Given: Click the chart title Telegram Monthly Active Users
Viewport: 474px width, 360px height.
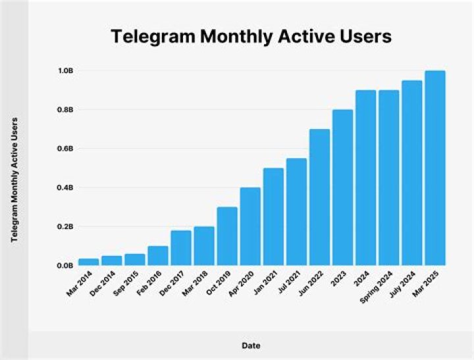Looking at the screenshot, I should (x=251, y=37).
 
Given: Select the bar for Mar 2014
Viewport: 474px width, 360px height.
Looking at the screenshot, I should (x=88, y=262).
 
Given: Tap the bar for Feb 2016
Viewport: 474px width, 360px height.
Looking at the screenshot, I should (x=157, y=255).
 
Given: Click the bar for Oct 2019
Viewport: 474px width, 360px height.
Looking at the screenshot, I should (x=227, y=236).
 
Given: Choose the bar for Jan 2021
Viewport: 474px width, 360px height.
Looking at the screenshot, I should (x=273, y=217).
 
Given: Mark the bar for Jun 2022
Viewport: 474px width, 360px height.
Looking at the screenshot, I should (x=319, y=197).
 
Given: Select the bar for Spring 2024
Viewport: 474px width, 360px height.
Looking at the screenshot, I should (x=388, y=178).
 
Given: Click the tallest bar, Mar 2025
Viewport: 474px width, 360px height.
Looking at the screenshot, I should (x=435, y=168).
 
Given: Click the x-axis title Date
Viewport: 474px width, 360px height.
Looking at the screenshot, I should (x=251, y=344).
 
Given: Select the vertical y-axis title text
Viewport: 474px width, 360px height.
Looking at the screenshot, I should (x=14, y=179).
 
